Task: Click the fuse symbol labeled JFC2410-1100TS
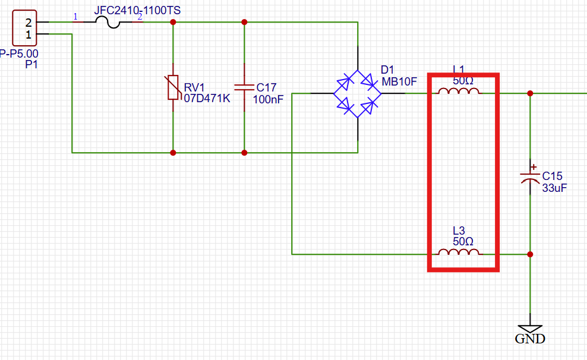tap(107, 23)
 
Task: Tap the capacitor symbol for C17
tap(244, 87)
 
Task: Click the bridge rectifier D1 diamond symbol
tap(357, 93)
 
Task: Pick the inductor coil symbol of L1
tap(459, 92)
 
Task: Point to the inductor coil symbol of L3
tap(459, 252)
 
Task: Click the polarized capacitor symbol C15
tap(530, 176)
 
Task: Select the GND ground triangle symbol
tap(530, 329)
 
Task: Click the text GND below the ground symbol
tap(530, 340)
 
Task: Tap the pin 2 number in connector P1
tap(28, 23)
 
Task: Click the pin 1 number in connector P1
tap(28, 34)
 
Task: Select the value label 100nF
tap(268, 99)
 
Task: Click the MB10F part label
tap(400, 82)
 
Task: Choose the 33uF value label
tap(555, 188)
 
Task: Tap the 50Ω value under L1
tap(463, 81)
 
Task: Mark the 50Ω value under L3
tap(463, 242)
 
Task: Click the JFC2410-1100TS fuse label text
tap(137, 10)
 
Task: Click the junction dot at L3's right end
tap(530, 254)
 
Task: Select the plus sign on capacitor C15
tap(534, 167)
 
